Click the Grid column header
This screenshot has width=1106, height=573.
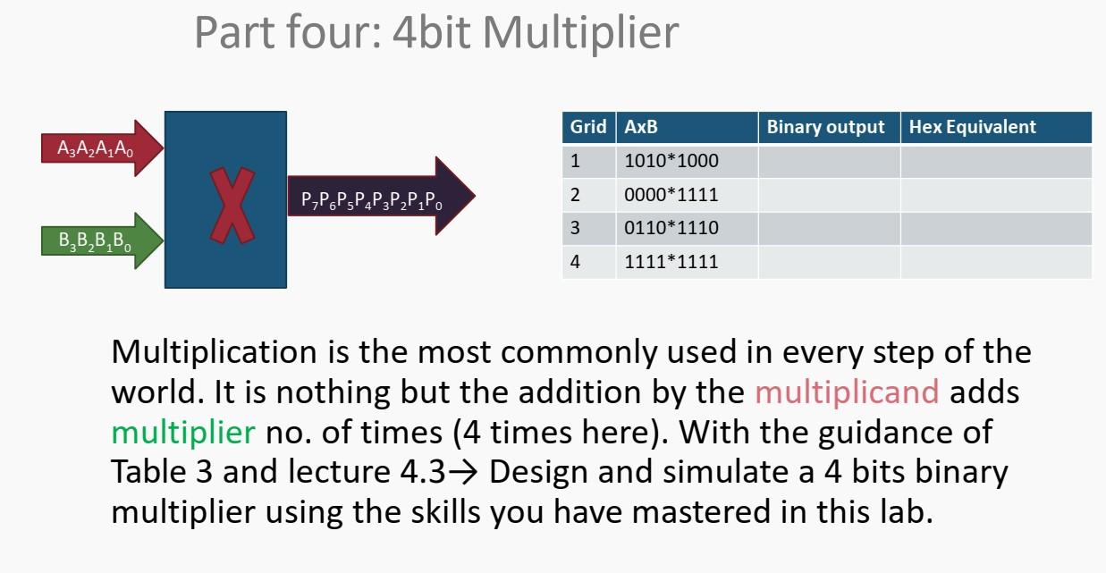588,127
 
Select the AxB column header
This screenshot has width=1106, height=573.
641,127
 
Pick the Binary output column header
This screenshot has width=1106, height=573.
826,127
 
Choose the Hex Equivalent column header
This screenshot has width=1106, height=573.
973,127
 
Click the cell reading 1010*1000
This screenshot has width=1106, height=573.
671,162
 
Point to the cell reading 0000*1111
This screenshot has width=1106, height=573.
671,195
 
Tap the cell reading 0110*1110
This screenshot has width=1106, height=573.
671,228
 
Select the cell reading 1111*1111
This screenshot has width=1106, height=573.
671,262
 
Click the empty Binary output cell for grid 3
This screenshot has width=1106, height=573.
829,228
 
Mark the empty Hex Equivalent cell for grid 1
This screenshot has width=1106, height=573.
995,162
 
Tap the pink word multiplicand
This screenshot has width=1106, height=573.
847,392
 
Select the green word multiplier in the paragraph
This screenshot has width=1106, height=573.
183,432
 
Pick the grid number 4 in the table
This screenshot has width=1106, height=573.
575,262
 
